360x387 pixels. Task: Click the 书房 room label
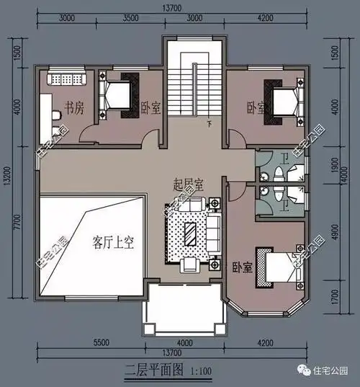[75, 109]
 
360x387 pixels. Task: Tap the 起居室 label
[189, 184]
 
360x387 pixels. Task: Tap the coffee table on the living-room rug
[192, 232]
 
